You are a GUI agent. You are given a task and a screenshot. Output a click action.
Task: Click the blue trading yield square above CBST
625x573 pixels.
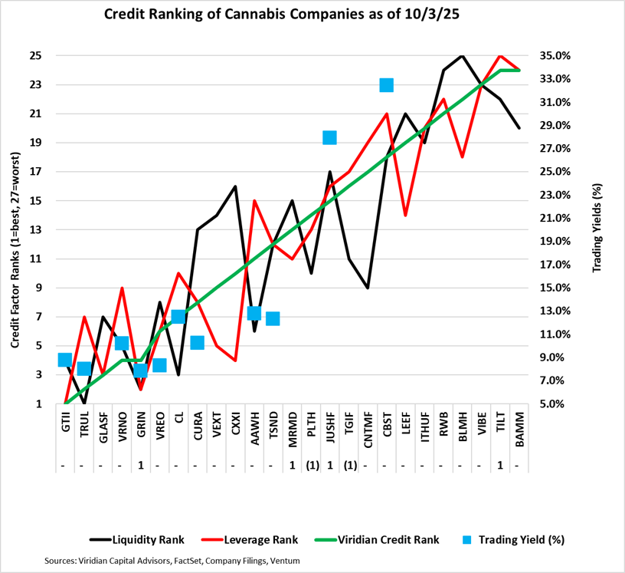click(387, 85)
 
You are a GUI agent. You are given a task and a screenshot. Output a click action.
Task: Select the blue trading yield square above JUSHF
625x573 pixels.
click(330, 137)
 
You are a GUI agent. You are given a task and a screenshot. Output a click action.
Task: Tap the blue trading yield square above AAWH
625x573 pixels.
click(254, 313)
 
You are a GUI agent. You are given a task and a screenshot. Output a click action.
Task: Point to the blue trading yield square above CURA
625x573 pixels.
click(198, 343)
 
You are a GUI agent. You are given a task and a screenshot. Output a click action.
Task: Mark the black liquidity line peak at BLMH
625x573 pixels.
click(462, 56)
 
